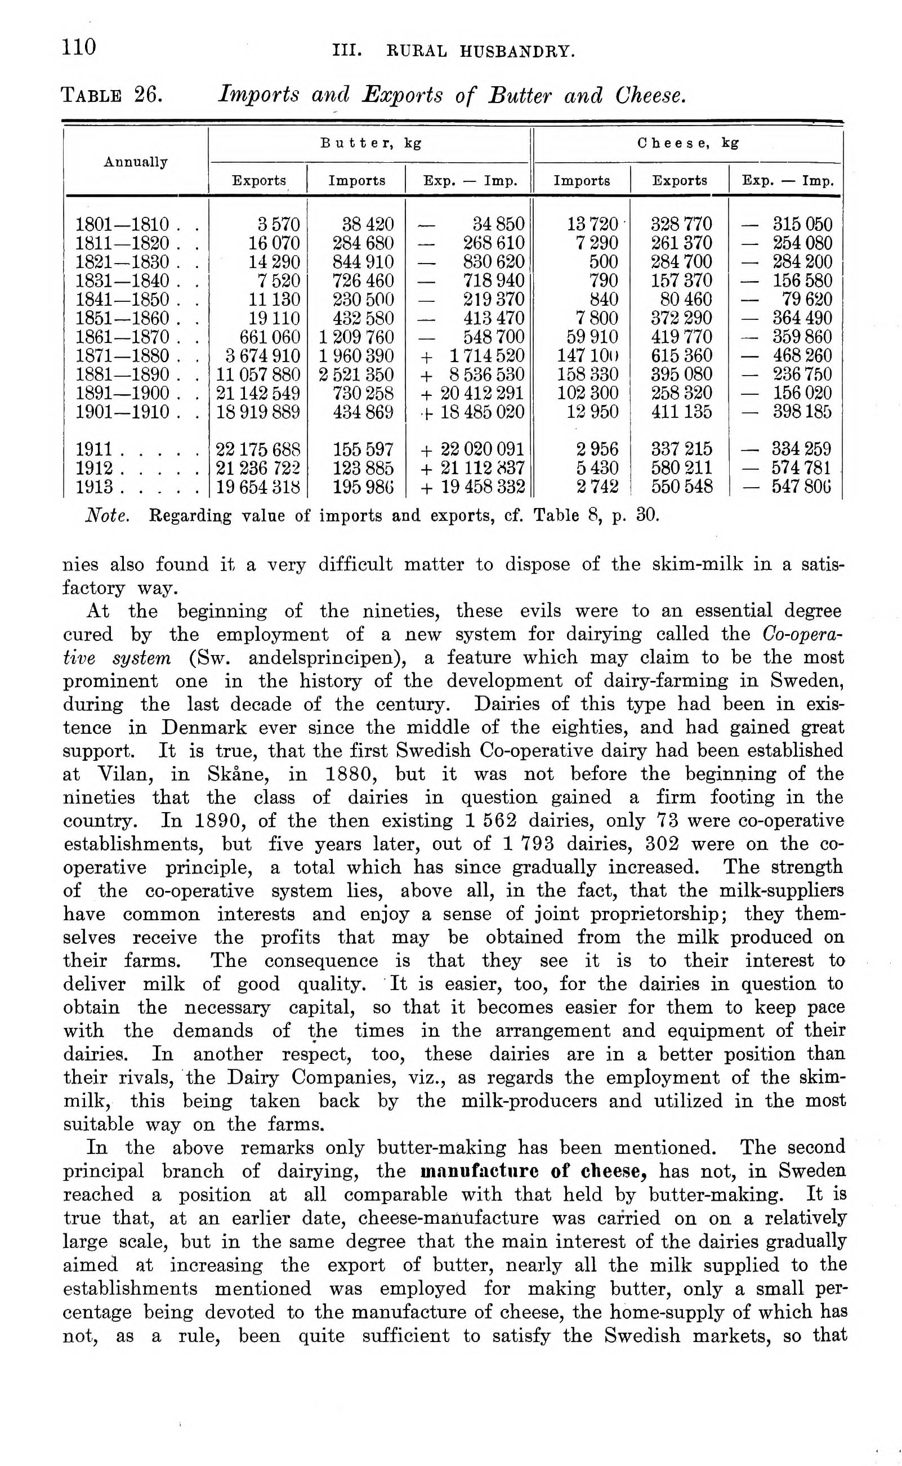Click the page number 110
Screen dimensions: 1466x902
coord(79,47)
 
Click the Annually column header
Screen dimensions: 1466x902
coord(136,162)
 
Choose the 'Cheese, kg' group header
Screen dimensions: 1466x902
coord(687,143)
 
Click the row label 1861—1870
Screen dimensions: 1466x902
coord(123,337)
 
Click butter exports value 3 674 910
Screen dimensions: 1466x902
coord(263,356)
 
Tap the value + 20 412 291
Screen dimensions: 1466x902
coord(473,393)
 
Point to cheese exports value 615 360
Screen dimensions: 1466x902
coord(681,356)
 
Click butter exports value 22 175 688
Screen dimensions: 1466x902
coord(258,449)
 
